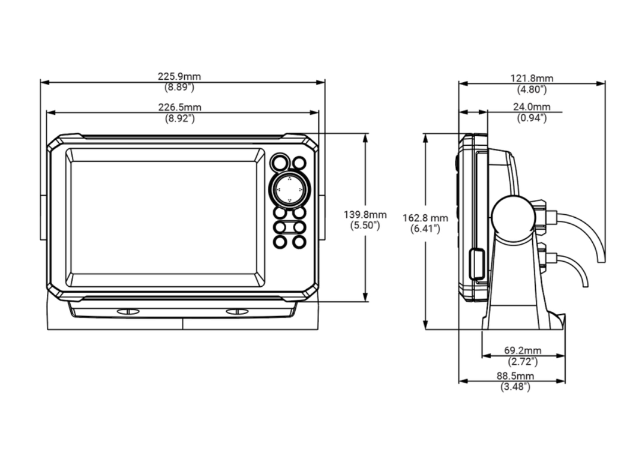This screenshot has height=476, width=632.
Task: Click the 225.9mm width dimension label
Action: coord(179,77)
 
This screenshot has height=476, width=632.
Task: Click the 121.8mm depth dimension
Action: coord(532,79)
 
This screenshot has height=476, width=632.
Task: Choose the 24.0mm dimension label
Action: coord(532,108)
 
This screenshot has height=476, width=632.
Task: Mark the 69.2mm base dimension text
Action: coord(523,350)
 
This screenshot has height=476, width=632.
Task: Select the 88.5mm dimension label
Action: coord(515,377)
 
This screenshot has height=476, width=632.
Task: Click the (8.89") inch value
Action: coord(179,87)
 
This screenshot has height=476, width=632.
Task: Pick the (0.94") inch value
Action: coord(532,118)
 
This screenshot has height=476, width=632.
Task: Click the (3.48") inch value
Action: coord(515,387)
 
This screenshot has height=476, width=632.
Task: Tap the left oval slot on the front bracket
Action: coord(128,311)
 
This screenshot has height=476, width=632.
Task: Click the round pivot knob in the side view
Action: coord(512,217)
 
